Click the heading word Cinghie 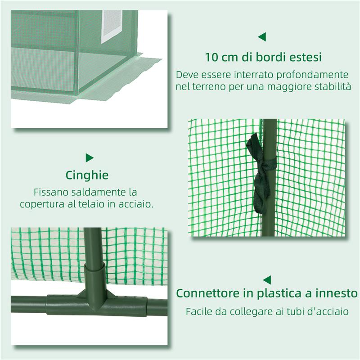coord(87,175)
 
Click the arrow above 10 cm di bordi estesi coord(261,36)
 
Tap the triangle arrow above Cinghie coord(90,157)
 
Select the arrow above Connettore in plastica coord(267,279)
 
